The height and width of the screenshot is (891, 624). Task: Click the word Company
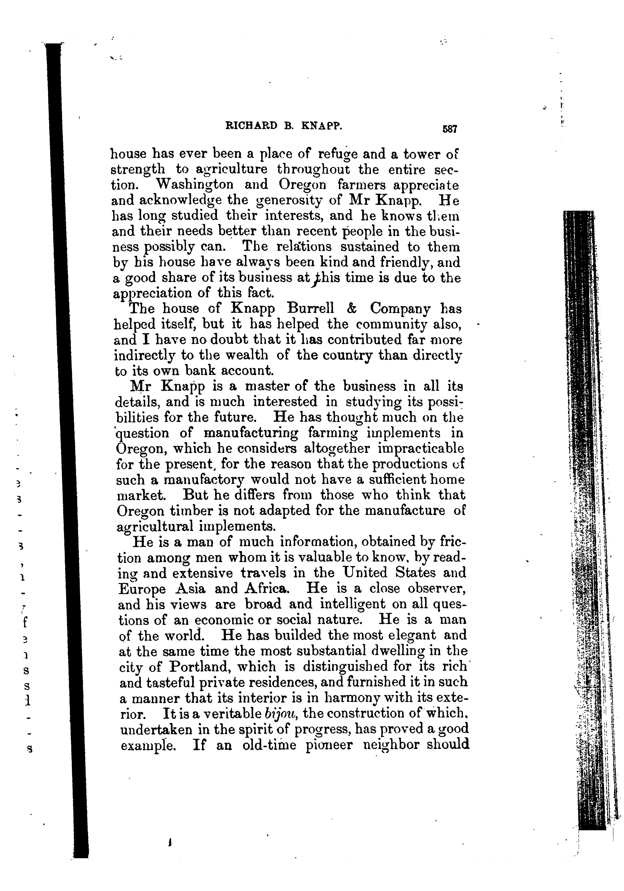point(400,309)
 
